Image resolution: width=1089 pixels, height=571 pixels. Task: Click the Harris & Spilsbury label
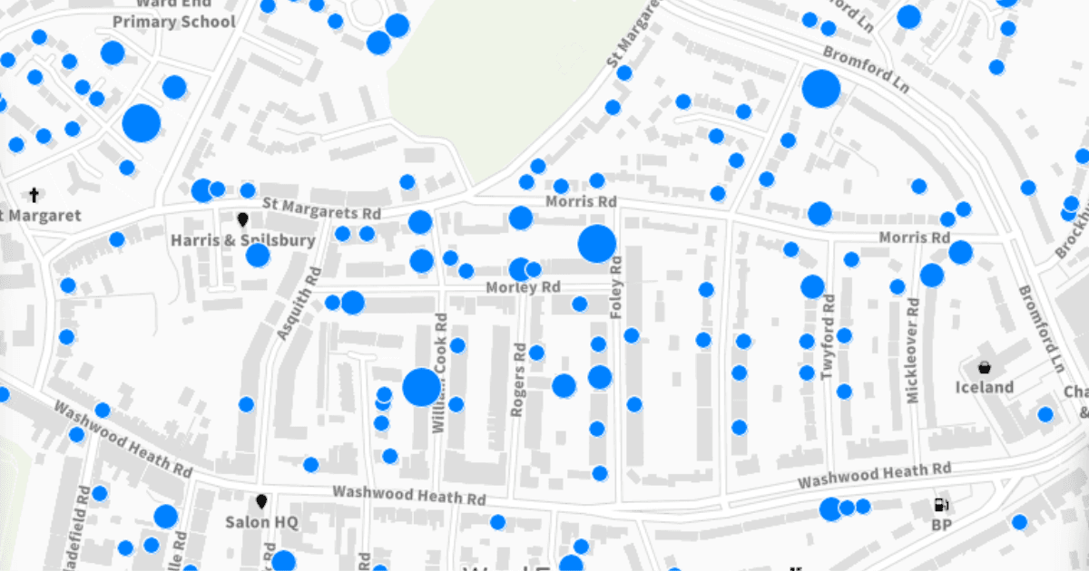tap(243, 240)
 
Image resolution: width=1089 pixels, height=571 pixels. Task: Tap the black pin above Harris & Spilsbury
tap(242, 219)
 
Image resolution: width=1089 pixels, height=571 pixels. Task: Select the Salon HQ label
tap(261, 522)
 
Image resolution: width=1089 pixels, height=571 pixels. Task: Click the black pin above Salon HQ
tap(262, 501)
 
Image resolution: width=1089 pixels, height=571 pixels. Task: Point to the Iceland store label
tap(985, 387)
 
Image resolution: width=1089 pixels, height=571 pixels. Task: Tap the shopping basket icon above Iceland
tap(984, 367)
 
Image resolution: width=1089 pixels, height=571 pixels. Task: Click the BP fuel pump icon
tap(941, 505)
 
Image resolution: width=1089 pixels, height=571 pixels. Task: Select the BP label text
tap(941, 524)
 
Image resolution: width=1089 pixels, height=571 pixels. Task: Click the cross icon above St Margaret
tap(34, 194)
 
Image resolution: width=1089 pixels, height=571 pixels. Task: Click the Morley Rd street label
tap(524, 287)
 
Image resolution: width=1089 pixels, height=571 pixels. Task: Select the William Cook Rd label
tap(441, 372)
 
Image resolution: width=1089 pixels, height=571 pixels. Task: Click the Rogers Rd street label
tap(518, 379)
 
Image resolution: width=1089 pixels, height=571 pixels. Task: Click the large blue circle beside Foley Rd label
tap(597, 244)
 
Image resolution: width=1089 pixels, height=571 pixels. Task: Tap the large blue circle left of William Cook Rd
tap(421, 387)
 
